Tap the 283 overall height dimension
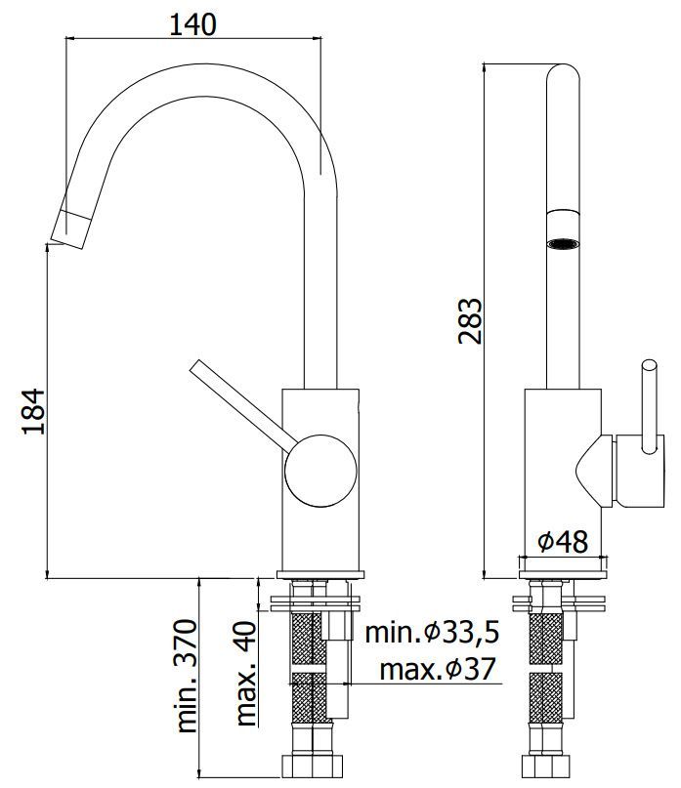pyautogui.click(x=471, y=320)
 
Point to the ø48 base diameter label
pyautogui.click(x=562, y=540)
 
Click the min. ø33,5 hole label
pyautogui.click(x=432, y=633)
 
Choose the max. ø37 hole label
pyautogui.click(x=436, y=670)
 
